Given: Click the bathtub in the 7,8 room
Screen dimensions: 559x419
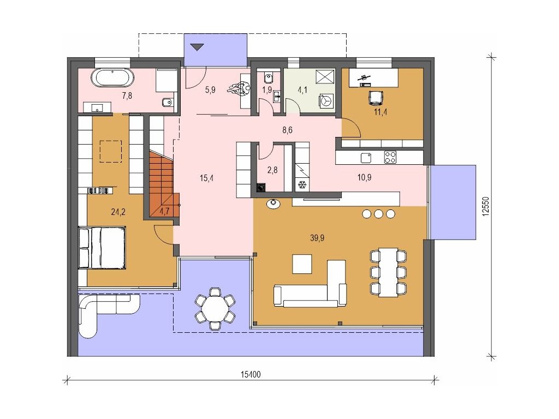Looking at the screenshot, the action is pos(113,77).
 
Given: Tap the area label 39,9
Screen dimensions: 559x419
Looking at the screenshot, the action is pos(317,238).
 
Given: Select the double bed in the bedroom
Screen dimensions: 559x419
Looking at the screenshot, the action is pos(102,247).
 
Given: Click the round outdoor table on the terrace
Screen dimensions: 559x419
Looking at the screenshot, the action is pos(215,309).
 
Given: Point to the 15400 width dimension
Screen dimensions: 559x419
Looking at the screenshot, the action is pos(251,374).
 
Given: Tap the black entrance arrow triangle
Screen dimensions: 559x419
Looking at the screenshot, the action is pos(197,47).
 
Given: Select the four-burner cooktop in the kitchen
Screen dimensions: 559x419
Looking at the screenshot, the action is pos(390,157).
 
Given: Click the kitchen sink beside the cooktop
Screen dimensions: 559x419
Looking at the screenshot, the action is pos(366,158).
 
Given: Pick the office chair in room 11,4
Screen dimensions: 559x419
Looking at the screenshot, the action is pos(376,98).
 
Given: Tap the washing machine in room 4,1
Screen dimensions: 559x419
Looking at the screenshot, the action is pos(326,100).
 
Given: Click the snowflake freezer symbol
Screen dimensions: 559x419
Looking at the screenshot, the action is pos(302,185).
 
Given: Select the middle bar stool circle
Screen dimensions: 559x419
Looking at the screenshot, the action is pos(378,214).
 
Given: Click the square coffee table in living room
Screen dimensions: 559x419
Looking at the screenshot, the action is pos(302,264).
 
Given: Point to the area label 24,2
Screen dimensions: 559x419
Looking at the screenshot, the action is pos(118,212).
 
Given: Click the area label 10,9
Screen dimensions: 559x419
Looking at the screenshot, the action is pos(364,177).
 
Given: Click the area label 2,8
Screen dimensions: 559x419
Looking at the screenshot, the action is pos(272,170).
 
